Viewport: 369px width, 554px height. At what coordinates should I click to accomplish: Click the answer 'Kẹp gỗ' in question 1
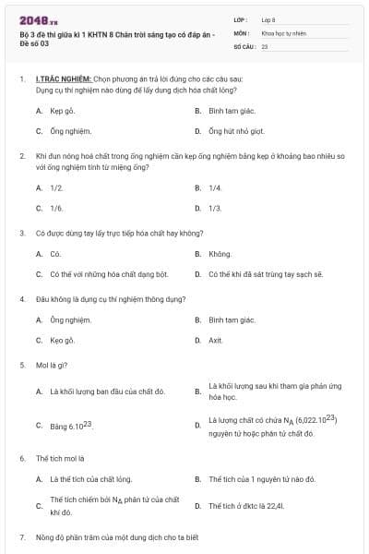[62, 110]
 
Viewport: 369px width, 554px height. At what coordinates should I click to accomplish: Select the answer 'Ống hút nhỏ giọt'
[238, 132]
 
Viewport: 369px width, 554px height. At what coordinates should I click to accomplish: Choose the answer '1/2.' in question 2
[56, 187]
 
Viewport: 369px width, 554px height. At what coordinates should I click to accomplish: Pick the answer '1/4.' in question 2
[215, 187]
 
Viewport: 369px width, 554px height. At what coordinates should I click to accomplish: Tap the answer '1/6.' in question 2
[56, 208]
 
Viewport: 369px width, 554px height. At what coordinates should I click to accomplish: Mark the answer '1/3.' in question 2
[215, 208]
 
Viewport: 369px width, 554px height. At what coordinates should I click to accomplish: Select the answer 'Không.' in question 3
[220, 253]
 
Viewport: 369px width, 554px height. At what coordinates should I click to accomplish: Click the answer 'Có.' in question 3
[55, 253]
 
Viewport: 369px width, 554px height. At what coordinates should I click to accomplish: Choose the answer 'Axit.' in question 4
[216, 340]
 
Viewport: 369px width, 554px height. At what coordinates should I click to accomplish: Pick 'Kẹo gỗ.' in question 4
[63, 340]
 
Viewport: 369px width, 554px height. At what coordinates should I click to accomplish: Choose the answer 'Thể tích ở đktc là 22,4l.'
[246, 506]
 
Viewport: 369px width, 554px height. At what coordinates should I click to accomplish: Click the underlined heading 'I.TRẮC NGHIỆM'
[63, 80]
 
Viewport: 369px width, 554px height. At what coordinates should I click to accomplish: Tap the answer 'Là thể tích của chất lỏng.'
[90, 479]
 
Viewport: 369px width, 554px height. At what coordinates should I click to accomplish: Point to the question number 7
[22, 536]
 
